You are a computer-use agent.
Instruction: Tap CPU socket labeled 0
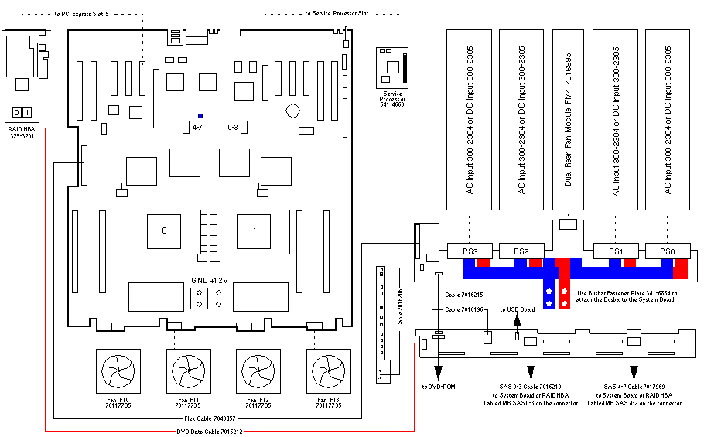click(x=164, y=230)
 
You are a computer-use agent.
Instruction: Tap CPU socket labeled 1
click(x=255, y=230)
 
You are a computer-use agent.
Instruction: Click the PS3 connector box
click(x=470, y=251)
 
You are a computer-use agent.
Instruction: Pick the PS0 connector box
click(x=667, y=251)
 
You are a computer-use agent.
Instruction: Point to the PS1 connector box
click(x=616, y=251)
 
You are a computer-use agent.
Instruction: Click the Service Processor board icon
click(x=393, y=68)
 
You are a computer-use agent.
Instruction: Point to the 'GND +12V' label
click(x=210, y=280)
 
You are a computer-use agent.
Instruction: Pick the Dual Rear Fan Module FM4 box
click(x=568, y=120)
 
